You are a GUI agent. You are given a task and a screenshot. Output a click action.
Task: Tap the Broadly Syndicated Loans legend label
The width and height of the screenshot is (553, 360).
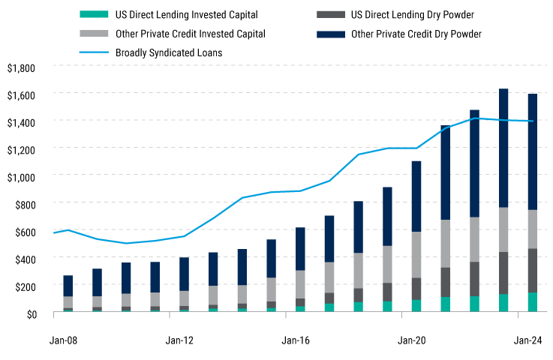click(x=170, y=52)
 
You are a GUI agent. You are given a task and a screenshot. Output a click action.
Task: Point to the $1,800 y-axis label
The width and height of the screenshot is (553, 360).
click(x=20, y=67)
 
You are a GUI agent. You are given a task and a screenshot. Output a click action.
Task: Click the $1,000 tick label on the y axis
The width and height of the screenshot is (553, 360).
click(x=20, y=176)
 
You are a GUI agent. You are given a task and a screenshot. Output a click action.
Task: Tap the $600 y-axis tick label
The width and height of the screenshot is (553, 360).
click(x=23, y=231)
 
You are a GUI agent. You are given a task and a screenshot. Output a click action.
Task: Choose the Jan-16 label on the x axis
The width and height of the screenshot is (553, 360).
click(x=297, y=340)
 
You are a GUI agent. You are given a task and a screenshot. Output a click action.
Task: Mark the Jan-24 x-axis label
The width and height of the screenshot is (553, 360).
click(x=529, y=340)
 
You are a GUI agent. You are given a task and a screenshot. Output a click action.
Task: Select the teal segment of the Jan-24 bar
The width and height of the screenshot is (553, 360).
click(x=532, y=302)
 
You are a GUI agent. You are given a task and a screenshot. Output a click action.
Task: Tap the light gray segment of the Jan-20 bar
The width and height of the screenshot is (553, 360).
click(x=416, y=255)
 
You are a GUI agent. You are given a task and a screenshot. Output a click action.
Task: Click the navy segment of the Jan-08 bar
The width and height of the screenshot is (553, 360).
click(x=68, y=286)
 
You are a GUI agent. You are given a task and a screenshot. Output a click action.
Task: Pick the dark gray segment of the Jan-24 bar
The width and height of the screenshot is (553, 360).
click(x=532, y=270)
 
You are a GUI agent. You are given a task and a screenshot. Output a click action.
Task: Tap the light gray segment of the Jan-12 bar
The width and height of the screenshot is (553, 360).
click(x=184, y=298)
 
